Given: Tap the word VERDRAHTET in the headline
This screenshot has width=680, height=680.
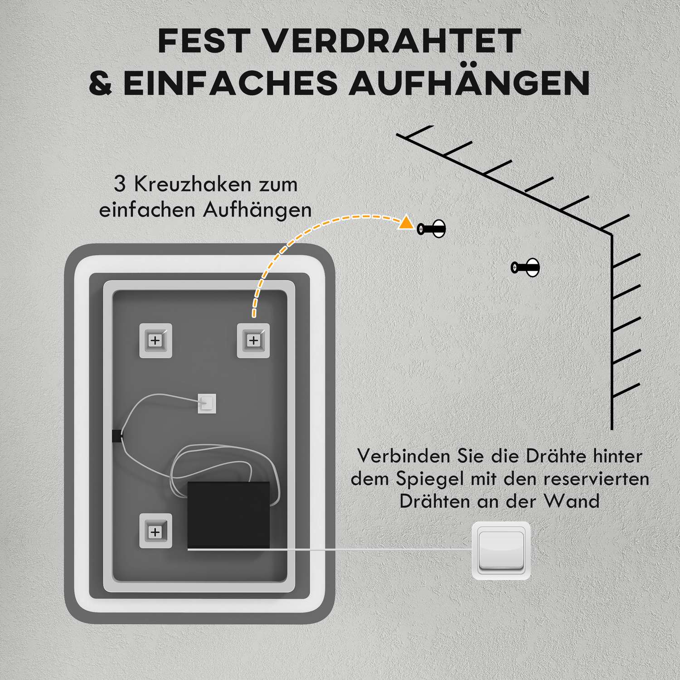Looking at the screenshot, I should coord(392,41).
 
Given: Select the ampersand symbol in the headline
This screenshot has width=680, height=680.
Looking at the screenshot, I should coord(100,83).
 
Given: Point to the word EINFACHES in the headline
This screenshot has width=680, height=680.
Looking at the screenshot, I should coord(231,83).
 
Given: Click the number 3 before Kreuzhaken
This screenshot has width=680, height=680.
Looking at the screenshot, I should coord(119,185).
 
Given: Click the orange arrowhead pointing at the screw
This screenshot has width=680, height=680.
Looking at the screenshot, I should coord(405,223).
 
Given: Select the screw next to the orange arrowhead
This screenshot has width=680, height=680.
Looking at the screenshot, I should coord(432,228).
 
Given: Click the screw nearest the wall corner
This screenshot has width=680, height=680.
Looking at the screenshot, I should coord(526,267).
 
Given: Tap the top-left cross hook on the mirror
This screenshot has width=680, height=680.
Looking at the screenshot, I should coord(155,340).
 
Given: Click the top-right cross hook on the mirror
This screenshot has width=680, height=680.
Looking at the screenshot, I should coord(253,340).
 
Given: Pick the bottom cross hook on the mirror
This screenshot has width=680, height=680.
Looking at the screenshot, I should coord(155,531).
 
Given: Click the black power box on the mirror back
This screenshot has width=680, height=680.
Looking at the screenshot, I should coord(228,515).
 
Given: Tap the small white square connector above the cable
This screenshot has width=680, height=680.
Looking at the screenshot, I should coord(207,403).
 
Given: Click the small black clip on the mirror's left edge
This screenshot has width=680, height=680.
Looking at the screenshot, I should coord(117,436).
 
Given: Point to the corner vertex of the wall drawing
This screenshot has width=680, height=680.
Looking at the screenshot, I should coord(612,234).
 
